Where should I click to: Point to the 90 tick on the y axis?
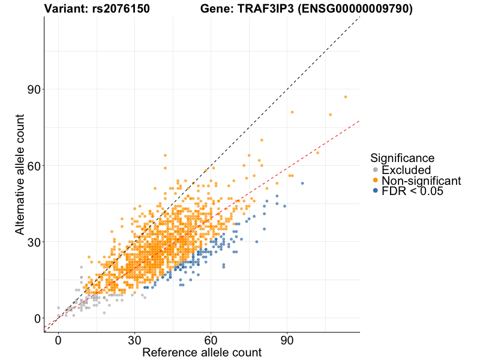pos(33,89)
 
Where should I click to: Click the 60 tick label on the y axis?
pos(33,166)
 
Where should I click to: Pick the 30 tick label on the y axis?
pos(33,242)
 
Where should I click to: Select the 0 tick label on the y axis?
pos(37,318)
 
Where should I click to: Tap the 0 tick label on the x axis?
pos(58,340)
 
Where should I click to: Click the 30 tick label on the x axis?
pos(134,340)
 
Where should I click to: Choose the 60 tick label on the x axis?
pos(211,340)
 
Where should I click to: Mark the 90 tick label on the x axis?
pos(287,340)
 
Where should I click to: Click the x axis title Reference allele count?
pos(202,352)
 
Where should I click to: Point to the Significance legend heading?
pos(402,158)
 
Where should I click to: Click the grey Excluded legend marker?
pos(376,170)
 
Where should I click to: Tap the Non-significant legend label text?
pos(421,181)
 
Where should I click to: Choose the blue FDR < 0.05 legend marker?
pos(376,191)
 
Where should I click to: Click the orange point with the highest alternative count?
pos(346,97)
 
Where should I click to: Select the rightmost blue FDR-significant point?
pos(302,183)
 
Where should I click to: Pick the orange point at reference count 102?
pos(317,152)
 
